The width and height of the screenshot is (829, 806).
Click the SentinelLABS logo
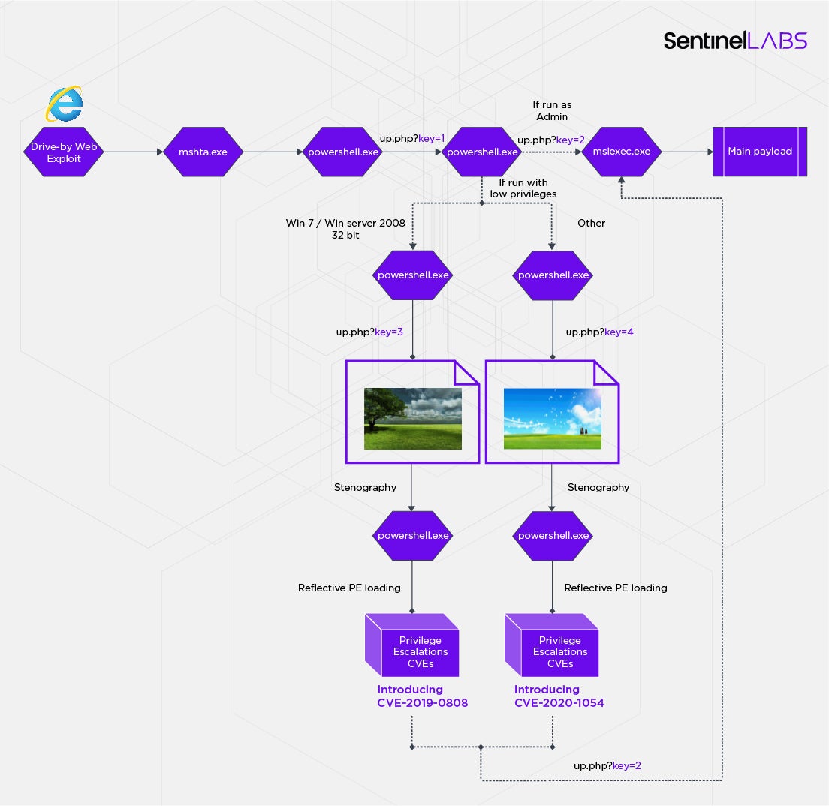point(734,41)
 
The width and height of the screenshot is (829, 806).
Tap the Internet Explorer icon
point(64,104)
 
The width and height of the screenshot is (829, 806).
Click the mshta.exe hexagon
point(202,152)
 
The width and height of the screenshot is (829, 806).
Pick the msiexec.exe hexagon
point(622,152)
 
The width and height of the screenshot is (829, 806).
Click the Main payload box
point(759,152)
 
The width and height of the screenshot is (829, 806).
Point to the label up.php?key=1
point(412,139)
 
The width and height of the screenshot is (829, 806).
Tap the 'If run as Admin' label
point(552,111)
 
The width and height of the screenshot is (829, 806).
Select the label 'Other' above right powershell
point(591,223)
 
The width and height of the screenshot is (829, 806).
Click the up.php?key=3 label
point(369,331)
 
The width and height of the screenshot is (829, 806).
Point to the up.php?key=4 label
point(599,331)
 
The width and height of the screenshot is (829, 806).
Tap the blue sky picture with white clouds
point(552,418)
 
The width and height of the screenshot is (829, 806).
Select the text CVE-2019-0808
point(422,703)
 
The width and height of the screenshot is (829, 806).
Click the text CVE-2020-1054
point(559,703)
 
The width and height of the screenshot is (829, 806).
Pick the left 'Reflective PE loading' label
point(349,588)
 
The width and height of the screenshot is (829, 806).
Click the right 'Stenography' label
point(598,487)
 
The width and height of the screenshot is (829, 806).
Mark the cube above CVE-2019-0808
point(412,645)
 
